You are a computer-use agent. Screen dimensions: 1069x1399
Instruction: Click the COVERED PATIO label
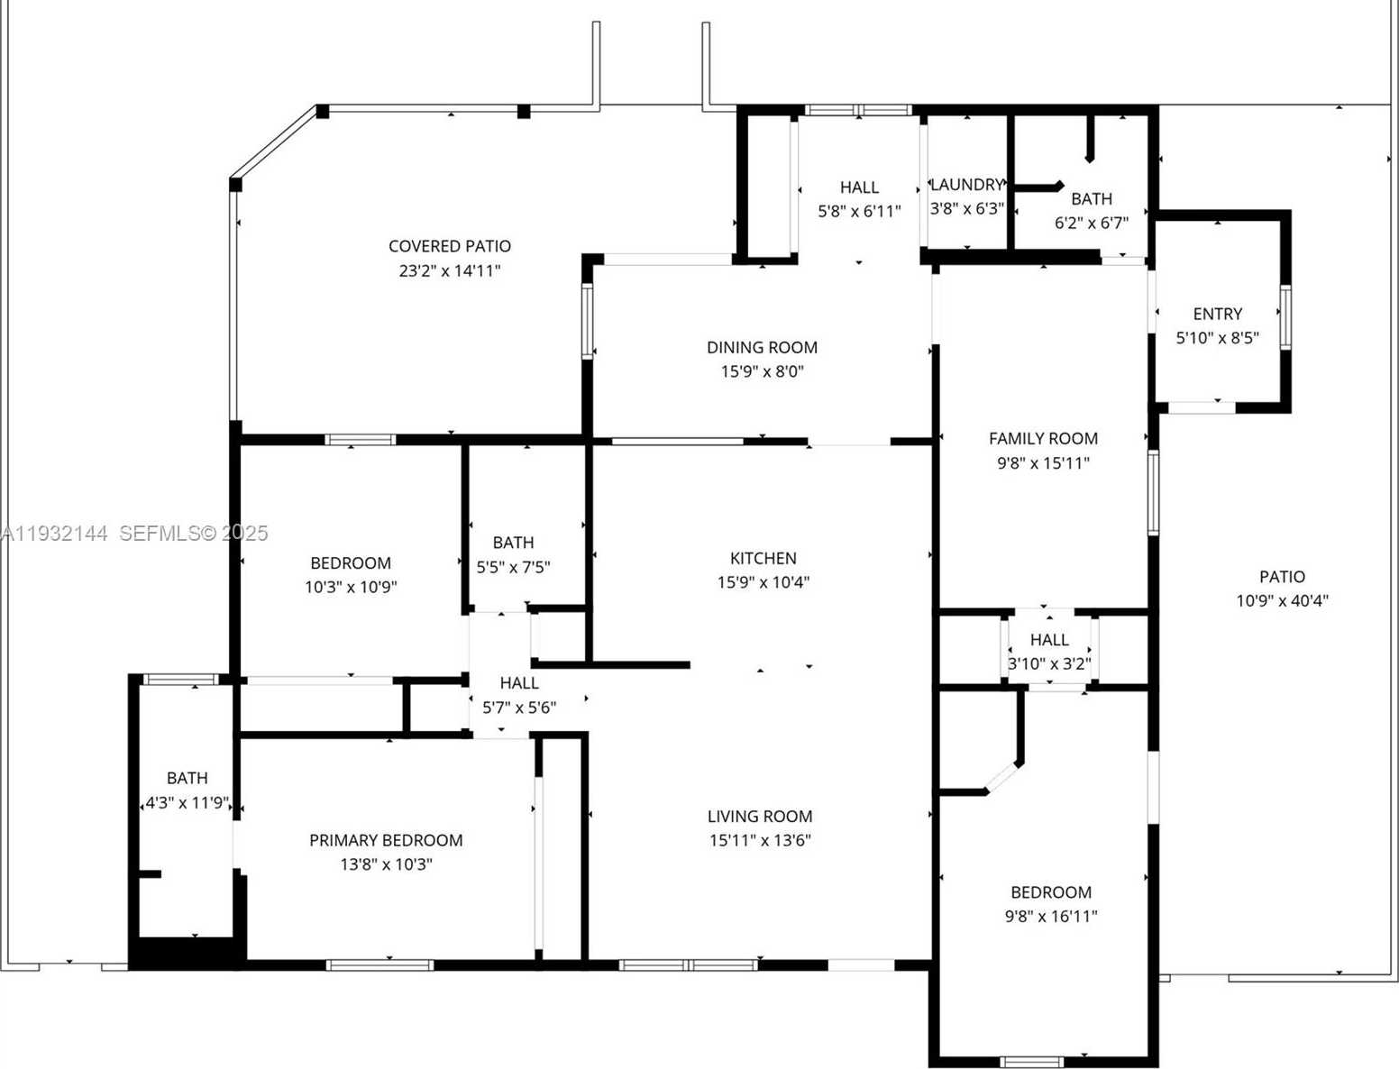tap(449, 246)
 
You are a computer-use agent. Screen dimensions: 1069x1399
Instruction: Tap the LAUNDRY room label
tap(966, 185)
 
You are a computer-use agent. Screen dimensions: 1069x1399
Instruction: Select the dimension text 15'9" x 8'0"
tap(762, 371)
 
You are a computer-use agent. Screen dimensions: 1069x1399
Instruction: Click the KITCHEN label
tap(763, 558)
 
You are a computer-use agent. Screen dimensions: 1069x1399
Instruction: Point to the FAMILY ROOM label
tap(1043, 439)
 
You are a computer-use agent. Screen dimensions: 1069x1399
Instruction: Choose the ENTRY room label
tap(1217, 314)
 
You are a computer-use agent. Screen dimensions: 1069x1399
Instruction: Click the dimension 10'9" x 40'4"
tap(1282, 601)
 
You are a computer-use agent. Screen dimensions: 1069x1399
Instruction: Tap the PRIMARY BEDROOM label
tap(386, 840)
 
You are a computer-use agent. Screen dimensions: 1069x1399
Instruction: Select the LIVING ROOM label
tap(760, 817)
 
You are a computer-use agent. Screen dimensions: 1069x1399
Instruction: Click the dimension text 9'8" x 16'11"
tap(1051, 917)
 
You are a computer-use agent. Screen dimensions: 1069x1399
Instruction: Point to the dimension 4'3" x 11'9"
tap(187, 802)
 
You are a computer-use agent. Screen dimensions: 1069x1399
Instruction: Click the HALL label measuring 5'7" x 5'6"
tap(519, 683)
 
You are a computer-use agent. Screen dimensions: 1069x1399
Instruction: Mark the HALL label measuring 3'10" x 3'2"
tap(1049, 640)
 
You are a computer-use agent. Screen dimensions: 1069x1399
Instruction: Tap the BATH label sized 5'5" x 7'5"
tap(513, 543)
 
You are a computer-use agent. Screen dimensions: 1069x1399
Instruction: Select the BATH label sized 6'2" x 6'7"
tap(1091, 199)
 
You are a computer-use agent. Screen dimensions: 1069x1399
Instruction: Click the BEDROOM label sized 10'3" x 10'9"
tap(351, 563)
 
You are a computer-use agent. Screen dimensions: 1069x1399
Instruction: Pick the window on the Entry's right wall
tap(1285, 316)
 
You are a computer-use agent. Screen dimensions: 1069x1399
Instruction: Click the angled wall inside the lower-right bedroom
tap(1002, 778)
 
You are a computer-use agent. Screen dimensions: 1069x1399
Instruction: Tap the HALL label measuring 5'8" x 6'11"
tap(859, 187)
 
